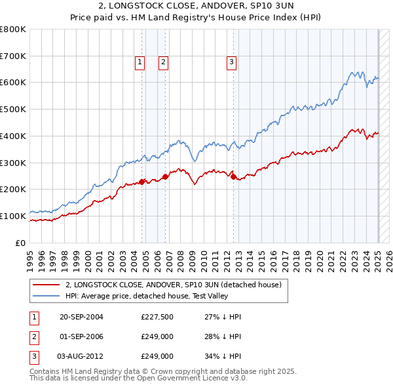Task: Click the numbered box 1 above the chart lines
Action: point(140,62)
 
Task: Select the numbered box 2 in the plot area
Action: point(163,62)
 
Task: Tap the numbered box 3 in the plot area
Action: point(232,62)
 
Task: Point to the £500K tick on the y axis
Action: point(13,109)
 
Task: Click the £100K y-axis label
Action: point(13,216)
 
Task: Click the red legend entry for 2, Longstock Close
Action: point(173,285)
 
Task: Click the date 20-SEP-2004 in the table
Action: point(81,317)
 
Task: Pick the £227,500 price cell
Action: point(157,317)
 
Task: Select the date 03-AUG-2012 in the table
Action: point(81,357)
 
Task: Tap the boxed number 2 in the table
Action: point(33,337)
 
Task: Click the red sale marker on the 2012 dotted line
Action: point(234,176)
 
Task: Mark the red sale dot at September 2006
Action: point(165,176)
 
